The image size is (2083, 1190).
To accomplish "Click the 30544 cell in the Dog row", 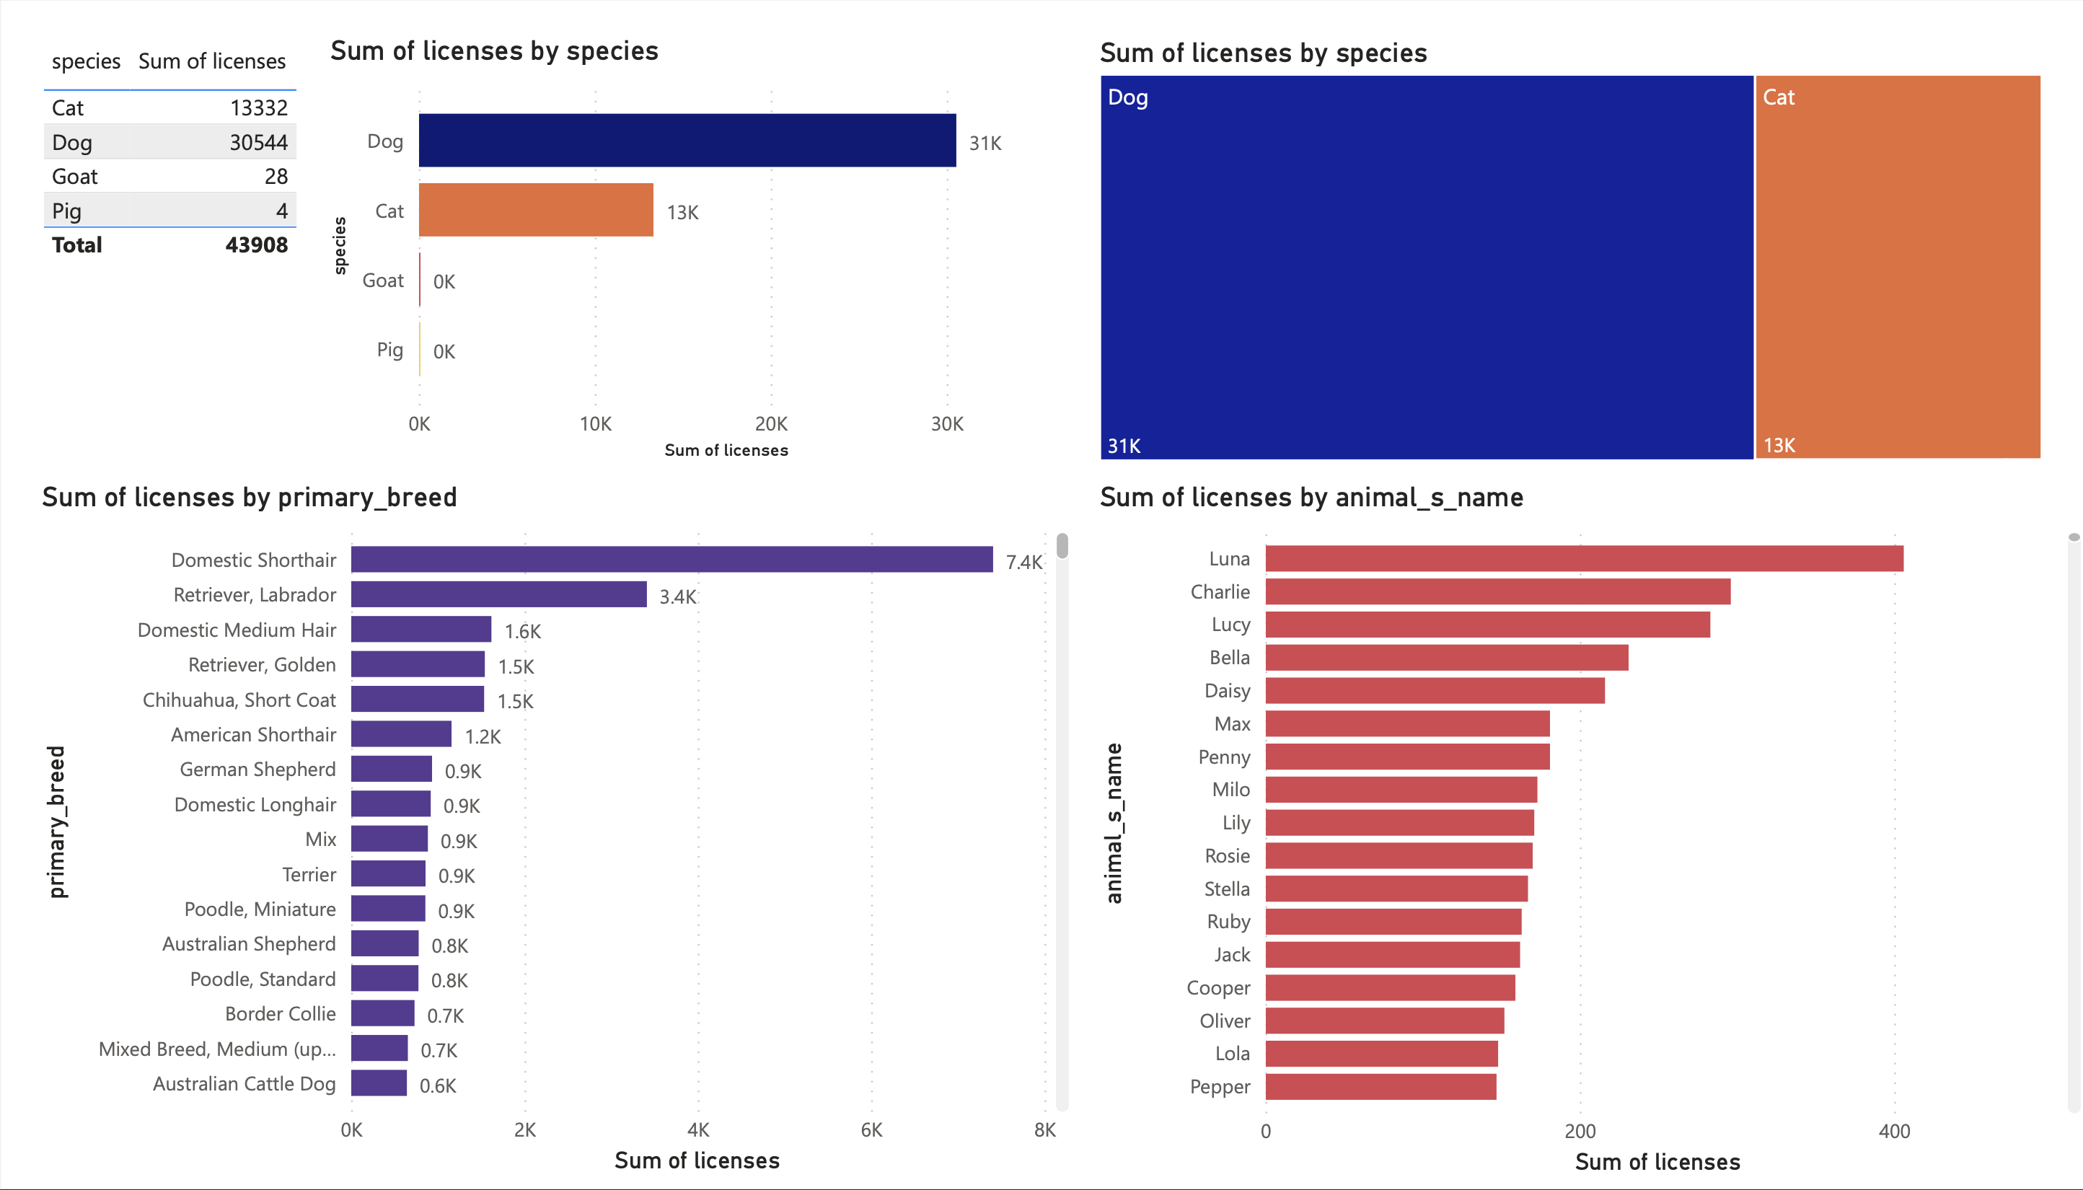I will (257, 142).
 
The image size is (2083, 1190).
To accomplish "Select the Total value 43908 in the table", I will (256, 244).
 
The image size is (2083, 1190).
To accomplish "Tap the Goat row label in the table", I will (74, 177).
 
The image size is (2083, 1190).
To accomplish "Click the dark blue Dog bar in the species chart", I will (687, 141).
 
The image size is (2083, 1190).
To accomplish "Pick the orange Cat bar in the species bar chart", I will (535, 210).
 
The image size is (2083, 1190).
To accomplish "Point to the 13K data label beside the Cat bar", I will (682, 213).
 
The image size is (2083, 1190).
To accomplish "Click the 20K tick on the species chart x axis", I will (770, 423).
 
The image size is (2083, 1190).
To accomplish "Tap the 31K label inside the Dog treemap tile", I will (1124, 446).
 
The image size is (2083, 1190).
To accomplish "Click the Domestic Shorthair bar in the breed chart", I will (671, 560).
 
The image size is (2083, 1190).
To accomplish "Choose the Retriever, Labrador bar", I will (498, 595).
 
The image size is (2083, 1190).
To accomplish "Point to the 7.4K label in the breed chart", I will (1023, 563).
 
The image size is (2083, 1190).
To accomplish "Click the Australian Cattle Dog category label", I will (244, 1084).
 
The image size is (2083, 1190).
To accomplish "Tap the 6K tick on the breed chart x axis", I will (871, 1129).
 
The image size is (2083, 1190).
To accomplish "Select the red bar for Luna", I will (1583, 559).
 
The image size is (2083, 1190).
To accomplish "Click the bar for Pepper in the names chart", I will (1380, 1087).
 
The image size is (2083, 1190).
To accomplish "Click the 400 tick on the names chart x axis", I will (1893, 1131).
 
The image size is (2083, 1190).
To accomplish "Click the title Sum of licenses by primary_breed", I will (250, 497).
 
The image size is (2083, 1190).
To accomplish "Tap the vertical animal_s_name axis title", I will (1114, 822).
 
